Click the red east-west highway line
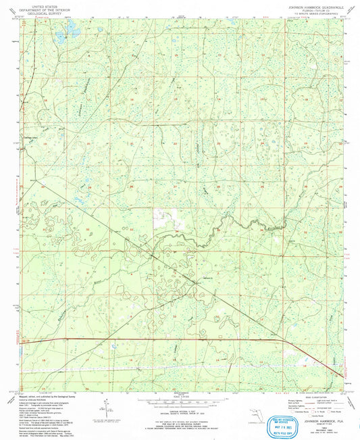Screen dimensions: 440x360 tap(169, 338)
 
